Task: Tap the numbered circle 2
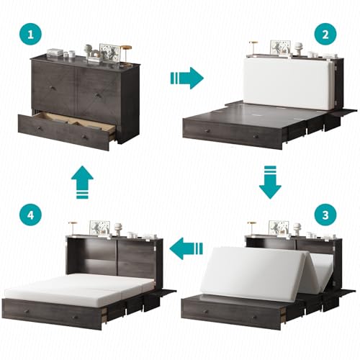pyautogui.click(x=325, y=35)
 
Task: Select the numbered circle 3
pyautogui.click(x=325, y=215)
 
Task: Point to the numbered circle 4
pyautogui.click(x=30, y=215)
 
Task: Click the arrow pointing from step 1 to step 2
pyautogui.click(x=187, y=78)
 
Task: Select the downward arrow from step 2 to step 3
pyautogui.click(x=270, y=182)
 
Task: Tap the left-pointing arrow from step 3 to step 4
pyautogui.click(x=186, y=248)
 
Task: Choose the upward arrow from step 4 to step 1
pyautogui.click(x=82, y=182)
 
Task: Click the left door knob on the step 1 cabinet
pyautogui.click(x=53, y=88)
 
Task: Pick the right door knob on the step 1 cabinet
pyautogui.click(x=97, y=95)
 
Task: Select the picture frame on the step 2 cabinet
pyautogui.click(x=281, y=48)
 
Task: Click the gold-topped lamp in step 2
pyautogui.click(x=253, y=49)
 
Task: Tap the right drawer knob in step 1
pyautogui.click(x=84, y=137)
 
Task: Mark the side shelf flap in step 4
pyautogui.click(x=165, y=292)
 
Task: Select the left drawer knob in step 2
pyautogui.click(x=207, y=131)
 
